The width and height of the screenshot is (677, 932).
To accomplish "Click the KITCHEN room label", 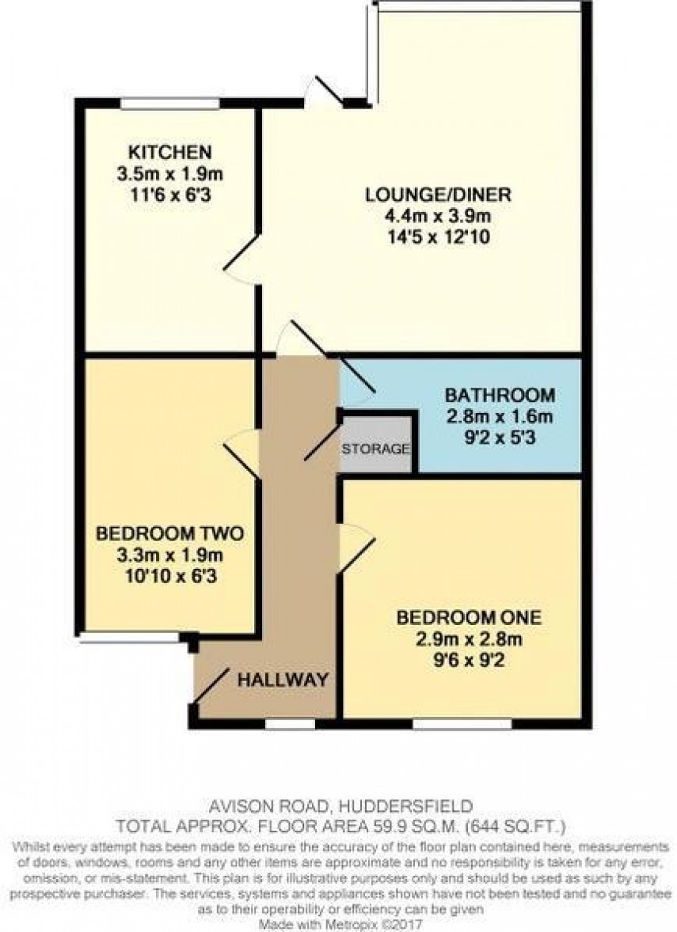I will coord(171,151).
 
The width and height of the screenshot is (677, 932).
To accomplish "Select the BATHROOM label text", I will coord(499,395).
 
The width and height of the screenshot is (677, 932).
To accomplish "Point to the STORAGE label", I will coord(375,449).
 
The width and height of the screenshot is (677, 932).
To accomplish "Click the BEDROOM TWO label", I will coord(169,534).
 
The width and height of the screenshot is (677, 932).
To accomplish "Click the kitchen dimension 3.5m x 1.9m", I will coord(171,171).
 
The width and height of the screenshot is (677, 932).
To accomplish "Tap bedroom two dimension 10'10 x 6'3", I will coord(169,577).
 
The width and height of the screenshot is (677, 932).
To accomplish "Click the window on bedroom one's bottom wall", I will coord(462,722).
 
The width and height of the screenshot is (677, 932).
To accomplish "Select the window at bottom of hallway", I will coord(290,722).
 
